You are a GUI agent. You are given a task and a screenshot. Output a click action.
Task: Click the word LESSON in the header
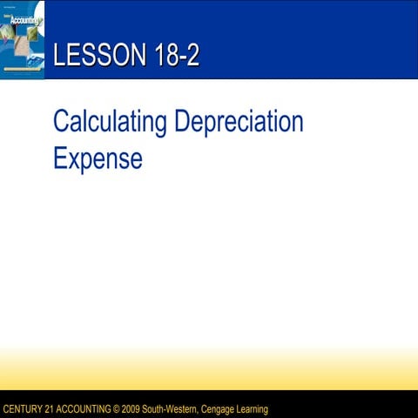click(91, 57)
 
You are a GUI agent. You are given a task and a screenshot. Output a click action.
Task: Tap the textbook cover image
click(23, 39)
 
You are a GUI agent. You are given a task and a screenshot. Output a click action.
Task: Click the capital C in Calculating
click(61, 122)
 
